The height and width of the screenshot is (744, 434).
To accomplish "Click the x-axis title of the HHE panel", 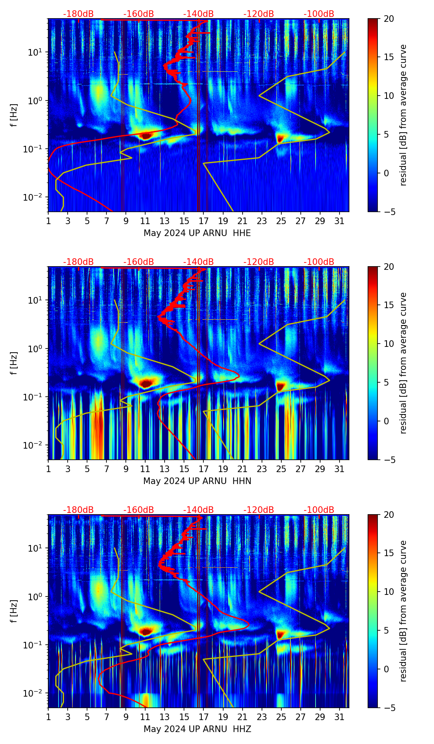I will tap(197, 233).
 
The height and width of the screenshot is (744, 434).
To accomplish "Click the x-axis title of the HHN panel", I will tap(197, 481).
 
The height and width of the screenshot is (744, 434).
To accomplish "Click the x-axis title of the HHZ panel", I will tap(197, 729).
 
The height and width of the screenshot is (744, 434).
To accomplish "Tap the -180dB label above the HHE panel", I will tap(78, 14).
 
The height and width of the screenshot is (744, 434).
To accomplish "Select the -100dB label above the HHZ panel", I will tap(319, 510).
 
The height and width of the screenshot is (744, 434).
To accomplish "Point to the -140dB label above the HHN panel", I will tap(198, 262).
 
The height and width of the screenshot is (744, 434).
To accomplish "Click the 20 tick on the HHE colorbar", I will tap(389, 19).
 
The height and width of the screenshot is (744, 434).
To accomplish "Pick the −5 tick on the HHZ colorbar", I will tap(389, 708).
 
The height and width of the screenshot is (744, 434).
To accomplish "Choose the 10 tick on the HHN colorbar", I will tap(389, 344).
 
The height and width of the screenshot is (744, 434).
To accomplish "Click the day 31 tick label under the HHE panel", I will tap(339, 221).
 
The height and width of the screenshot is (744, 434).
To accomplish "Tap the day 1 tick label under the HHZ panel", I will tap(48, 717).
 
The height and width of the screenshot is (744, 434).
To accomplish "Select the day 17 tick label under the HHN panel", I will tap(203, 469).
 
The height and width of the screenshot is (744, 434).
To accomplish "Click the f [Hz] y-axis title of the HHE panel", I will tap(14, 115).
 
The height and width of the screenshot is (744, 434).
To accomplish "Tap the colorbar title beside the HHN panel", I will tap(403, 363).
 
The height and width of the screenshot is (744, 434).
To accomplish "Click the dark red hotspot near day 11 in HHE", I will tap(146, 135).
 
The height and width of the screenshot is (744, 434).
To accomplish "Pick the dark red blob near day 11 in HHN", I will tap(146, 383).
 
